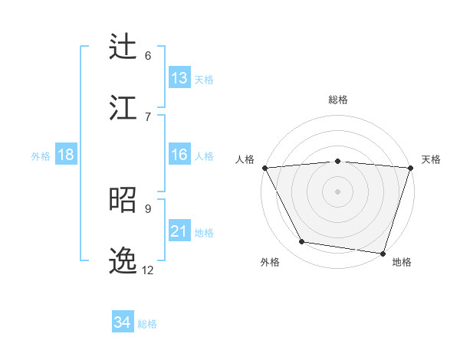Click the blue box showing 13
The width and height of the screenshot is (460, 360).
[x=179, y=78]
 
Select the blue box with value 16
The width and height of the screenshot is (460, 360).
[x=179, y=155]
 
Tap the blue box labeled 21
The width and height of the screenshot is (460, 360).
[x=179, y=231]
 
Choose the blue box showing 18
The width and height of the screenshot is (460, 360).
[x=66, y=155]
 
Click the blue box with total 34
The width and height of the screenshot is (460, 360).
[x=123, y=322]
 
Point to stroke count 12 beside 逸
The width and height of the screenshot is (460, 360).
[x=148, y=270]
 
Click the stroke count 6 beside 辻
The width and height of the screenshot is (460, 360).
[x=148, y=55]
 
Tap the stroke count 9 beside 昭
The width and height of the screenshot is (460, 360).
[x=148, y=208]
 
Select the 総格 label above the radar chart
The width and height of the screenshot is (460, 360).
[x=338, y=100]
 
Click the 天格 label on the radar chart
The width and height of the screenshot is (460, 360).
[x=432, y=159]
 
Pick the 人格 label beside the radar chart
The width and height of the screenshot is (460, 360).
[x=245, y=159]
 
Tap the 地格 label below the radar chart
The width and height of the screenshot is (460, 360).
[x=402, y=262]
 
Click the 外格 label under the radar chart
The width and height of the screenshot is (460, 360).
[x=270, y=262]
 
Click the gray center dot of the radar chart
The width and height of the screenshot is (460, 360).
[x=338, y=191]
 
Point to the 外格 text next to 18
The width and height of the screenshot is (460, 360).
[x=41, y=155]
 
